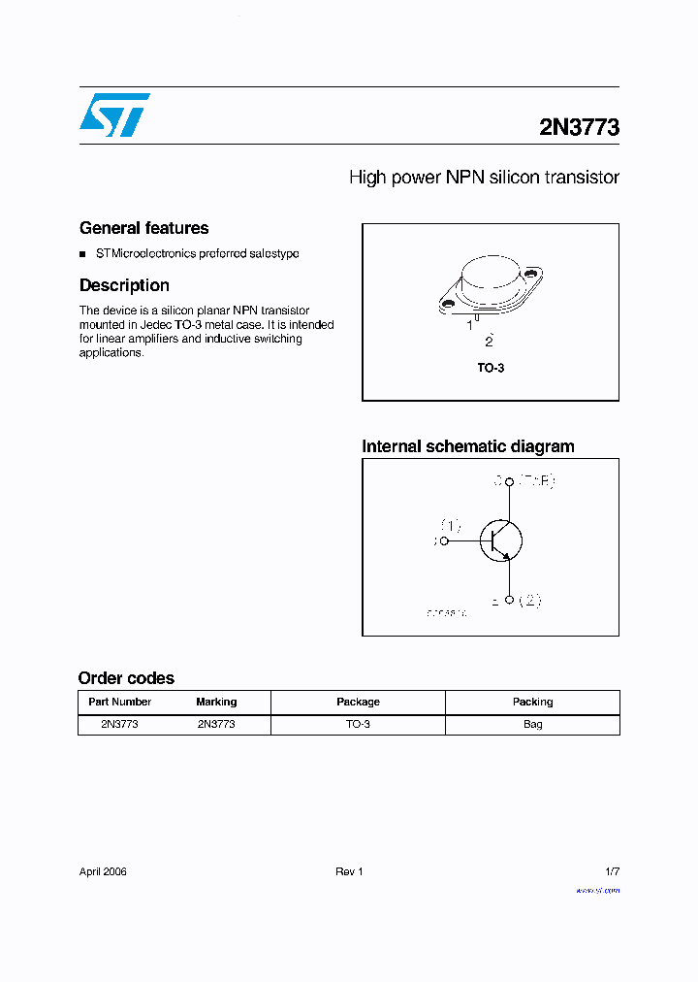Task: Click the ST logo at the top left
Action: coord(113,115)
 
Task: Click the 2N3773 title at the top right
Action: coord(579,127)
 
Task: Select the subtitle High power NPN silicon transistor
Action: coord(483,178)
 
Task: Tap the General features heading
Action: coord(143,228)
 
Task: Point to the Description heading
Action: coord(124,285)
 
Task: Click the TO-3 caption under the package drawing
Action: coord(491,369)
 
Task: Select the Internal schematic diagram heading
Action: coord(467,446)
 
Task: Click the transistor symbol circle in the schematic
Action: coord(500,540)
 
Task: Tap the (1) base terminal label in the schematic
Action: coord(451,526)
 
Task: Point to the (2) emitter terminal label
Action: coord(528,601)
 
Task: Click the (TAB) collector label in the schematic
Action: coord(536,480)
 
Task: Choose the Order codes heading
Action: coord(126,678)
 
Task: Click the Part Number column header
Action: coord(119,702)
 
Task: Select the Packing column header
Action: coord(532,702)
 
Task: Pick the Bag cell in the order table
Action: coord(532,724)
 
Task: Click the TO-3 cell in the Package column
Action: coord(358,724)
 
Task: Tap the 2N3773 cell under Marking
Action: coord(216,724)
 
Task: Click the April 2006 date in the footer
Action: coord(103,871)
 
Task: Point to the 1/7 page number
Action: coord(611,871)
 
